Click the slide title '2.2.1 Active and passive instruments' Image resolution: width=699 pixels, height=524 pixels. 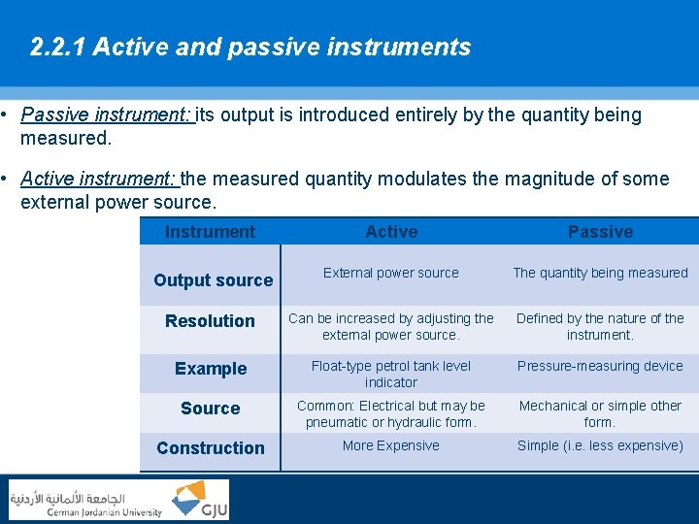pos(250,48)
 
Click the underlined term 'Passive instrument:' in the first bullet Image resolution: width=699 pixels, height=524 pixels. pos(107,115)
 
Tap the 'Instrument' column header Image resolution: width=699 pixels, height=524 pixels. pos(210,232)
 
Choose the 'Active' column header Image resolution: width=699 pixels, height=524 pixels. pos(391,232)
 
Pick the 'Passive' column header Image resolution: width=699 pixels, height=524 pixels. pos(600,232)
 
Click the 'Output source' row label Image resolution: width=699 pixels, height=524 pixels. pos(213,280)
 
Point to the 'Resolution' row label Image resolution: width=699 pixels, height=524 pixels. pos(210,321)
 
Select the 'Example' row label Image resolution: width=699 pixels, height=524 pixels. pos(211,369)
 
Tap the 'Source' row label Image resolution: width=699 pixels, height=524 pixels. pos(210,409)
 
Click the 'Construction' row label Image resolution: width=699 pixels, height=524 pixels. pos(210,448)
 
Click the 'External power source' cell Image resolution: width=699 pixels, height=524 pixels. pos(390,274)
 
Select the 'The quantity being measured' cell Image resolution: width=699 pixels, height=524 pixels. pos(600,274)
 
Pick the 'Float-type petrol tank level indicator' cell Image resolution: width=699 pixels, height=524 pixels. pos(390,374)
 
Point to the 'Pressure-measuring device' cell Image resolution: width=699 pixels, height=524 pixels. pos(600,367)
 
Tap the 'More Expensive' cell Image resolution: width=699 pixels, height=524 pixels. pos(390,446)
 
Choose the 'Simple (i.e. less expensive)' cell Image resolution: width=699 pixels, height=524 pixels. pos(600,446)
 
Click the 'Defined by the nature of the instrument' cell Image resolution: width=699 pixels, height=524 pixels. pos(600,326)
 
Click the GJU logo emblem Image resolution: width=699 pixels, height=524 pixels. pos(200,499)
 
